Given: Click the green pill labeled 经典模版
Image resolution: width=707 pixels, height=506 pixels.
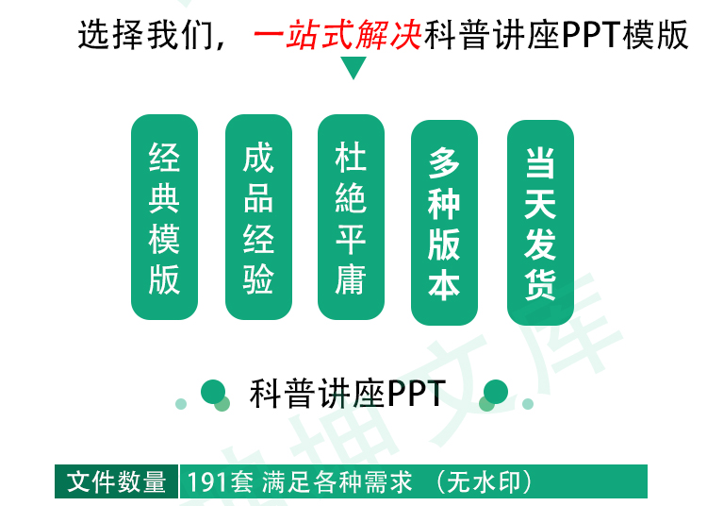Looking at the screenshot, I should point(164,217).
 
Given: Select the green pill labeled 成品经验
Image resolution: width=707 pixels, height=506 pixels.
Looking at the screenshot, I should point(258,217).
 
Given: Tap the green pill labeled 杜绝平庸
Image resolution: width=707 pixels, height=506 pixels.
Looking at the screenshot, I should point(351,217).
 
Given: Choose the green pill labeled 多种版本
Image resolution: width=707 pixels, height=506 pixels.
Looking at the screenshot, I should point(445,223).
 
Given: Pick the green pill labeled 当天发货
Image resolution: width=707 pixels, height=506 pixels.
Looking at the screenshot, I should point(540,223).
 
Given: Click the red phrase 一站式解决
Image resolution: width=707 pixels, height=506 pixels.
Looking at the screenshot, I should point(337,37).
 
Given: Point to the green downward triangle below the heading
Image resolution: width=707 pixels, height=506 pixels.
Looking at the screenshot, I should point(353,68).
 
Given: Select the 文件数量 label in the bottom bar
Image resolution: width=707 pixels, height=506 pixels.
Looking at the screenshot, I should point(117,482).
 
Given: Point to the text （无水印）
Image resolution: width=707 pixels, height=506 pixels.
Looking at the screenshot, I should point(485,482).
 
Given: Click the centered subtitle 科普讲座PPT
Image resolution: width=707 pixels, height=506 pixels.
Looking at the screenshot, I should point(347,394).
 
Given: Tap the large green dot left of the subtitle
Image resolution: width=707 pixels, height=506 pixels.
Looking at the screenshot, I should point(213,391).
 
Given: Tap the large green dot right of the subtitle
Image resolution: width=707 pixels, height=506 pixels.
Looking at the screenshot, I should point(496,391).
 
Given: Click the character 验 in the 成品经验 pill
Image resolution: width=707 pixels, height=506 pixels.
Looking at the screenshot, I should point(258,279).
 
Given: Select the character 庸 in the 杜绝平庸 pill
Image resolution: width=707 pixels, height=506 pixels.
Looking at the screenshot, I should point(351,279).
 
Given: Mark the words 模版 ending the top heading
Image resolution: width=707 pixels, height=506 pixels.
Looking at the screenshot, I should point(656,37).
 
